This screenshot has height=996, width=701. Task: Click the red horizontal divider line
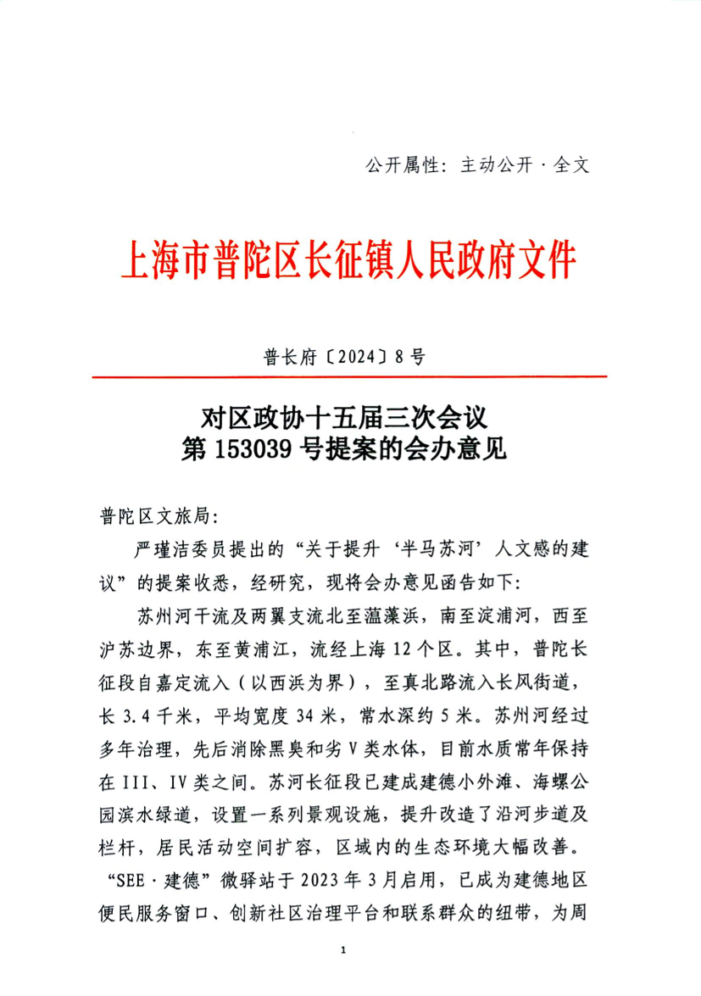(349, 376)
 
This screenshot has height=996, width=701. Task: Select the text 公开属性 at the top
(395, 164)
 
